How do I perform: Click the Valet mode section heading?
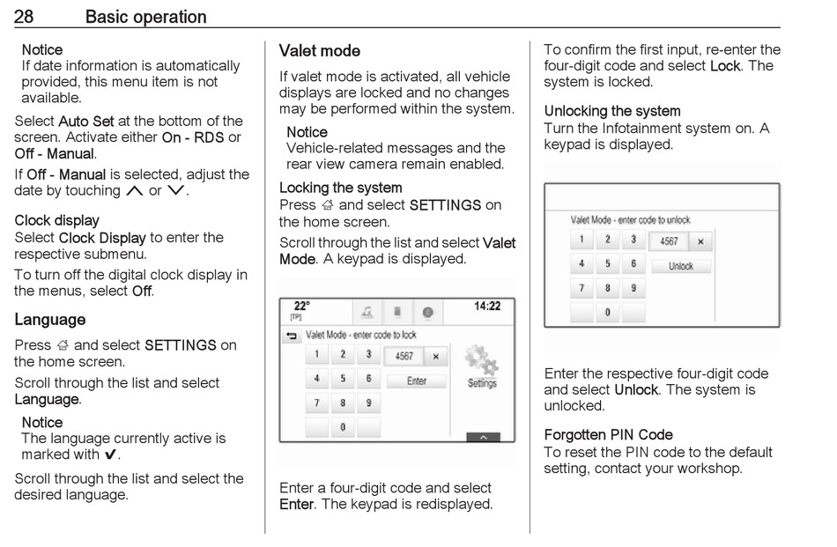(x=319, y=51)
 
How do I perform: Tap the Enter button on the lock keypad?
(x=417, y=381)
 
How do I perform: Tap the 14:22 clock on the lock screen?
(x=486, y=307)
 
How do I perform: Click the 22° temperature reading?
(x=302, y=307)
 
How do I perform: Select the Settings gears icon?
(x=482, y=366)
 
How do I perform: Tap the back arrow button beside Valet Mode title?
(x=293, y=336)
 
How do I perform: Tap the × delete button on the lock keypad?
(x=435, y=357)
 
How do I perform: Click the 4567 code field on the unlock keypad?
(x=669, y=240)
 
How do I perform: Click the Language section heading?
(x=50, y=320)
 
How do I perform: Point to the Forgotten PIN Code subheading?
(x=608, y=435)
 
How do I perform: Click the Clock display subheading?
(x=56, y=220)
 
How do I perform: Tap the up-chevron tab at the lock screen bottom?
(x=483, y=437)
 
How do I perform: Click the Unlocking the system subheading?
(x=611, y=112)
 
